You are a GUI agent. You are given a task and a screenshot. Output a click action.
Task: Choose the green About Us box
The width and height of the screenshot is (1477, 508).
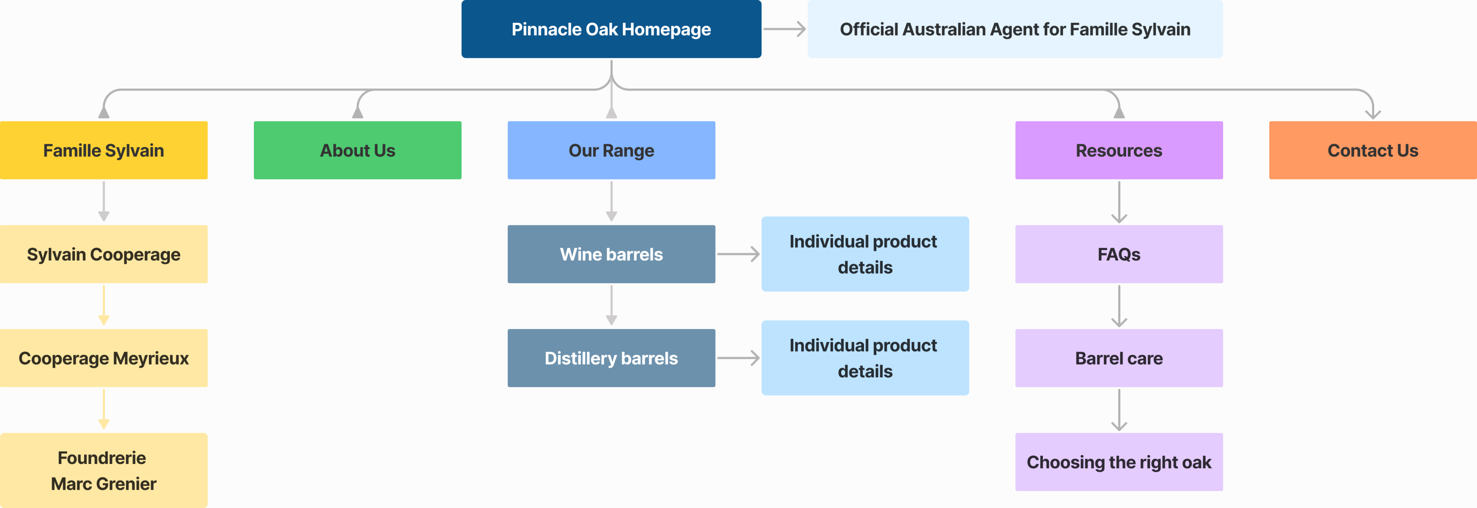click(x=357, y=150)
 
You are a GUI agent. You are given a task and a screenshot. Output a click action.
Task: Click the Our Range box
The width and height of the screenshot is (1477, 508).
click(x=611, y=150)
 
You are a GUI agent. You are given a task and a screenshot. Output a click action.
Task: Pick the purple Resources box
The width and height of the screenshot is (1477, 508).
click(x=1119, y=150)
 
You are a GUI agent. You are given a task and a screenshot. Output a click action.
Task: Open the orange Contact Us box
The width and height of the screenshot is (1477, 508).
click(x=1373, y=150)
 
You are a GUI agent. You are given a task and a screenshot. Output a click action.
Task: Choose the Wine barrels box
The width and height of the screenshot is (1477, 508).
click(x=611, y=254)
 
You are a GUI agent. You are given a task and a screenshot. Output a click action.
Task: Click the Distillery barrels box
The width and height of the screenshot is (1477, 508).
click(x=611, y=358)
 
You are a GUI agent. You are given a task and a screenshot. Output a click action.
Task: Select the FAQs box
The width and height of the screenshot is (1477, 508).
click(x=1119, y=254)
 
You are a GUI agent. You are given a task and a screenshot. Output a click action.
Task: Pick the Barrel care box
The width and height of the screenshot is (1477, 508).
click(x=1119, y=358)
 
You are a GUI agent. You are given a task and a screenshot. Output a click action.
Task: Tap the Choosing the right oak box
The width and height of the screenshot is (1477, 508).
click(x=1119, y=462)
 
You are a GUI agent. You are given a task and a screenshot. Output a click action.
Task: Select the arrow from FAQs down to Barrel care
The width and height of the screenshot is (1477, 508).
click(x=1119, y=306)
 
